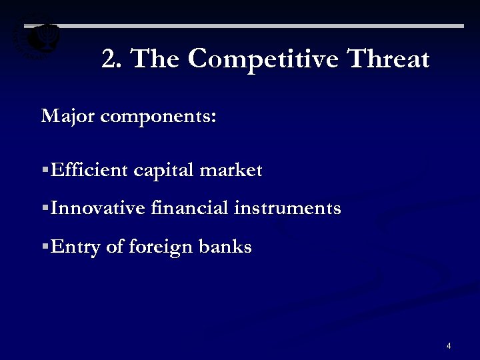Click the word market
click(231, 170)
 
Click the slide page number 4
click(449, 346)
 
